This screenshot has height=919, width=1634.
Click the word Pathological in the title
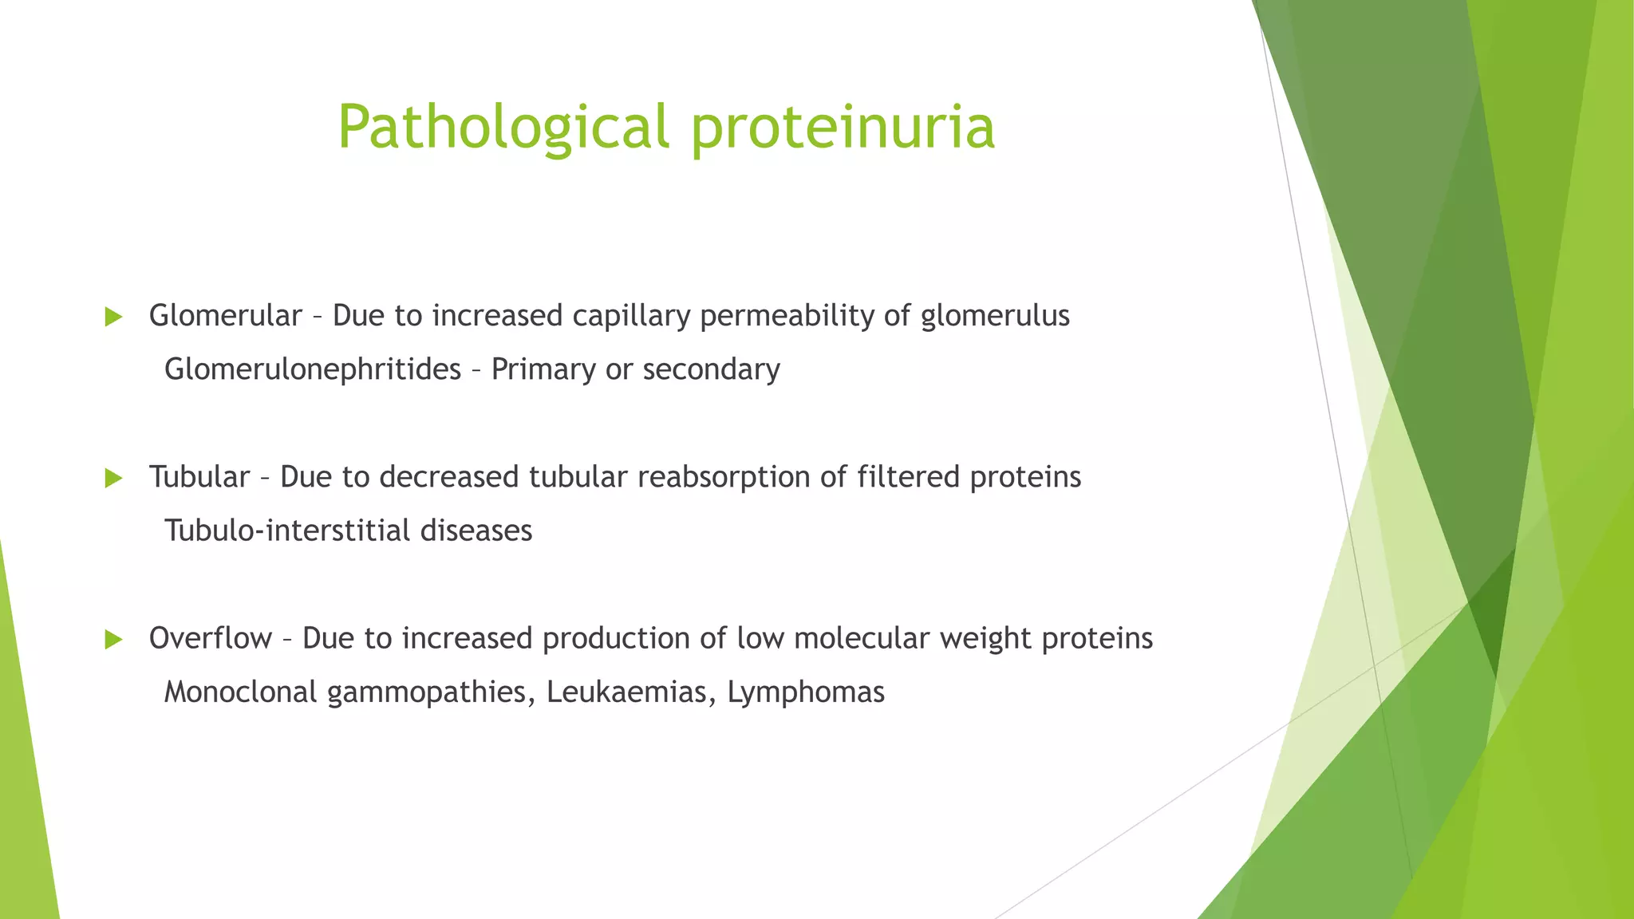[x=503, y=128]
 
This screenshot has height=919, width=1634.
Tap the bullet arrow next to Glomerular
[x=113, y=318]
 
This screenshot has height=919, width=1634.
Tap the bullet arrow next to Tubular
[x=113, y=479]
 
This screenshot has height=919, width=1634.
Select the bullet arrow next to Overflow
[x=113, y=640]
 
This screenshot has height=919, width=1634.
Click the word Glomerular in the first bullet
[x=225, y=316]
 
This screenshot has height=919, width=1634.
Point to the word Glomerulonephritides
[x=312, y=369]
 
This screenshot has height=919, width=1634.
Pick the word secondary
[x=711, y=369]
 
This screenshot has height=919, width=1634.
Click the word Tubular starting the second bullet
[x=199, y=477]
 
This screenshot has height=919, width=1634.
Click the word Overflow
[x=211, y=638]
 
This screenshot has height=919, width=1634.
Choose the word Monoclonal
[x=240, y=692]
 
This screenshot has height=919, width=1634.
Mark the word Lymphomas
[x=806, y=692]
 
